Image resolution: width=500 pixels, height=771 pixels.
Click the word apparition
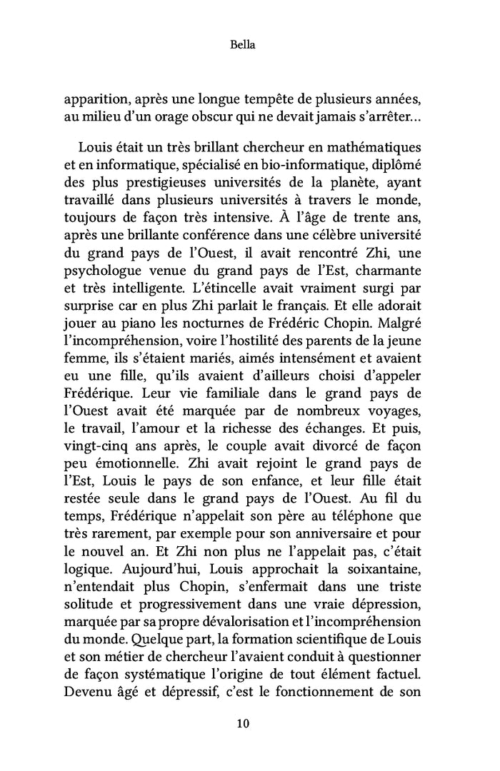tap(94, 98)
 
